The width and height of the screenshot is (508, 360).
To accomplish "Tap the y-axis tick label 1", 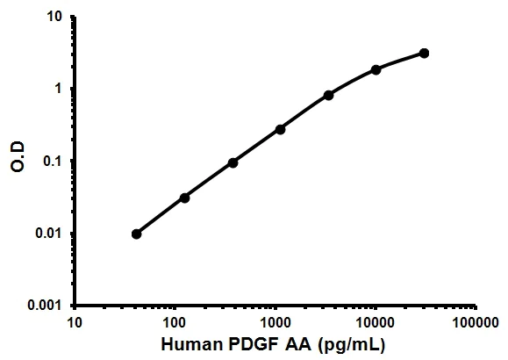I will [x=59, y=89].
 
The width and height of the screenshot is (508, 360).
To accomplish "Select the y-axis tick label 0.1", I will [x=54, y=161].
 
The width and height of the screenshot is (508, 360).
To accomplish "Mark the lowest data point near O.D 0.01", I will [x=136, y=234].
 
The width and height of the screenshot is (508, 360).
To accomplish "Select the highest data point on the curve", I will [x=424, y=54].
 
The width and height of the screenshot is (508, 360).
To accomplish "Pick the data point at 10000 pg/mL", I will [x=376, y=69].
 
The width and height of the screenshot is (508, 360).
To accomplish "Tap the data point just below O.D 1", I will [x=328, y=95].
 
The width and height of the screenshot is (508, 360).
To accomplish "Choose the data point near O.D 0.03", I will [x=184, y=198].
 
